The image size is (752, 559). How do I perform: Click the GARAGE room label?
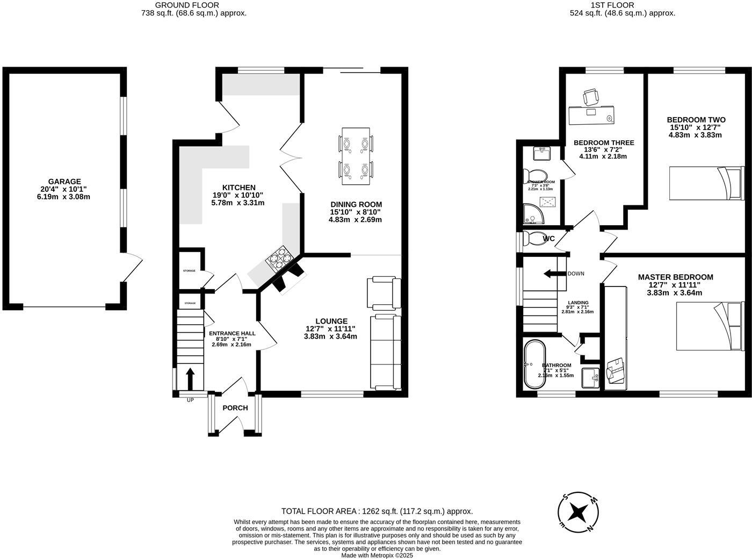(x=64, y=182)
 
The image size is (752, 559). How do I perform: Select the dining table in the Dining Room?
(x=356, y=156)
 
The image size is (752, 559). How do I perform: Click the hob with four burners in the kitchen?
(x=280, y=259)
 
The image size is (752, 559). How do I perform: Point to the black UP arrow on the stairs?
(x=190, y=378)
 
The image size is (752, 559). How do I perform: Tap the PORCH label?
(x=235, y=408)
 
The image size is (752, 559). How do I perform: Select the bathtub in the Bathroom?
(x=535, y=364)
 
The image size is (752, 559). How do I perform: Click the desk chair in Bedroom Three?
(x=591, y=97)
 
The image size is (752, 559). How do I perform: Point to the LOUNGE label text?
(x=331, y=321)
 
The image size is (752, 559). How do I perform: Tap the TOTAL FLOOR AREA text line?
(x=377, y=511)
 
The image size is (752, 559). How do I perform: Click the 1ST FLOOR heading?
(x=612, y=5)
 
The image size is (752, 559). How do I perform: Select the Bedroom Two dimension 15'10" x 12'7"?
(x=696, y=127)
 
